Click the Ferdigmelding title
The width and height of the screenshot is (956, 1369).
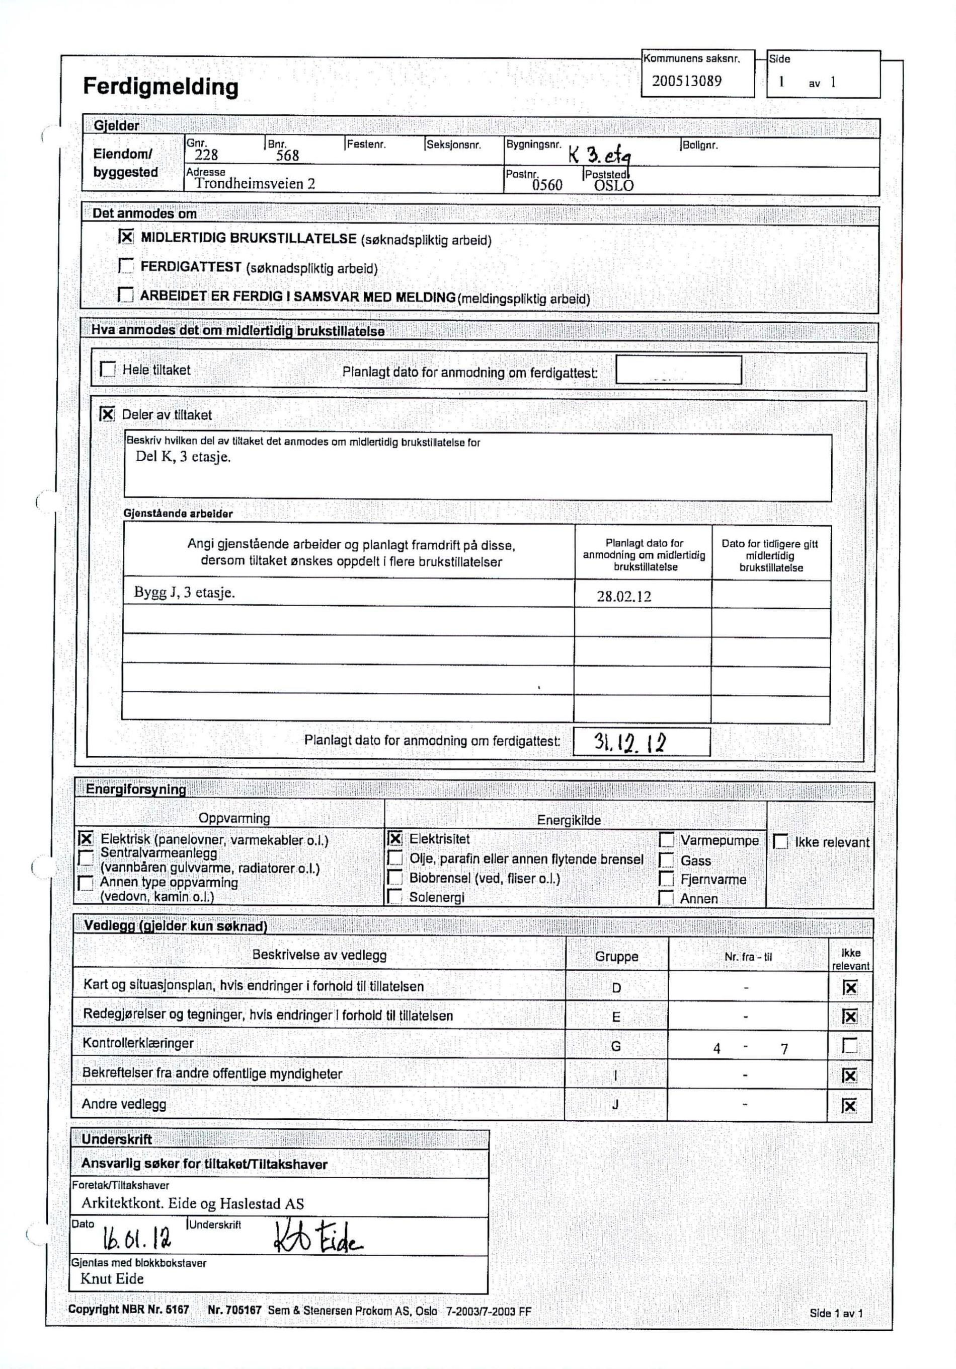[161, 87]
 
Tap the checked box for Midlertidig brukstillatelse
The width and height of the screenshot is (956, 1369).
[126, 237]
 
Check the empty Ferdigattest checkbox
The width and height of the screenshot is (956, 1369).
[126, 265]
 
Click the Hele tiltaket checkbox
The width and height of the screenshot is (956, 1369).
[108, 369]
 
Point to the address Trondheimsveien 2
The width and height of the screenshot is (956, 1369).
[255, 184]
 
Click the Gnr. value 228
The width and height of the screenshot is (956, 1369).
[206, 155]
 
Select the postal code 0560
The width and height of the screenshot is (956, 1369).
[547, 185]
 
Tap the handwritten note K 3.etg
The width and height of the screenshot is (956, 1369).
[599, 156]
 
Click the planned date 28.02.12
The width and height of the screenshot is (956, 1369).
[623, 596]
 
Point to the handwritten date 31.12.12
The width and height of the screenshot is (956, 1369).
[629, 742]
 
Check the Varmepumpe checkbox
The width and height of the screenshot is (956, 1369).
[666, 840]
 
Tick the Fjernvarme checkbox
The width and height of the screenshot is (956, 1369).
[666, 879]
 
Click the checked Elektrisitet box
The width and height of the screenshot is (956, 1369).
[394, 838]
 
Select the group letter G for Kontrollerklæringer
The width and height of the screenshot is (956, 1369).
[616, 1046]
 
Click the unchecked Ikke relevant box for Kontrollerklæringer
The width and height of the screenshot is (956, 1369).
[849, 1046]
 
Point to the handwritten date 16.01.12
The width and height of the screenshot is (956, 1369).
[137, 1239]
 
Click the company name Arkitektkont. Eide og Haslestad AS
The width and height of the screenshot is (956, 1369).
[193, 1203]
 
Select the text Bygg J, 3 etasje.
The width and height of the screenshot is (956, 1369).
[184, 593]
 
